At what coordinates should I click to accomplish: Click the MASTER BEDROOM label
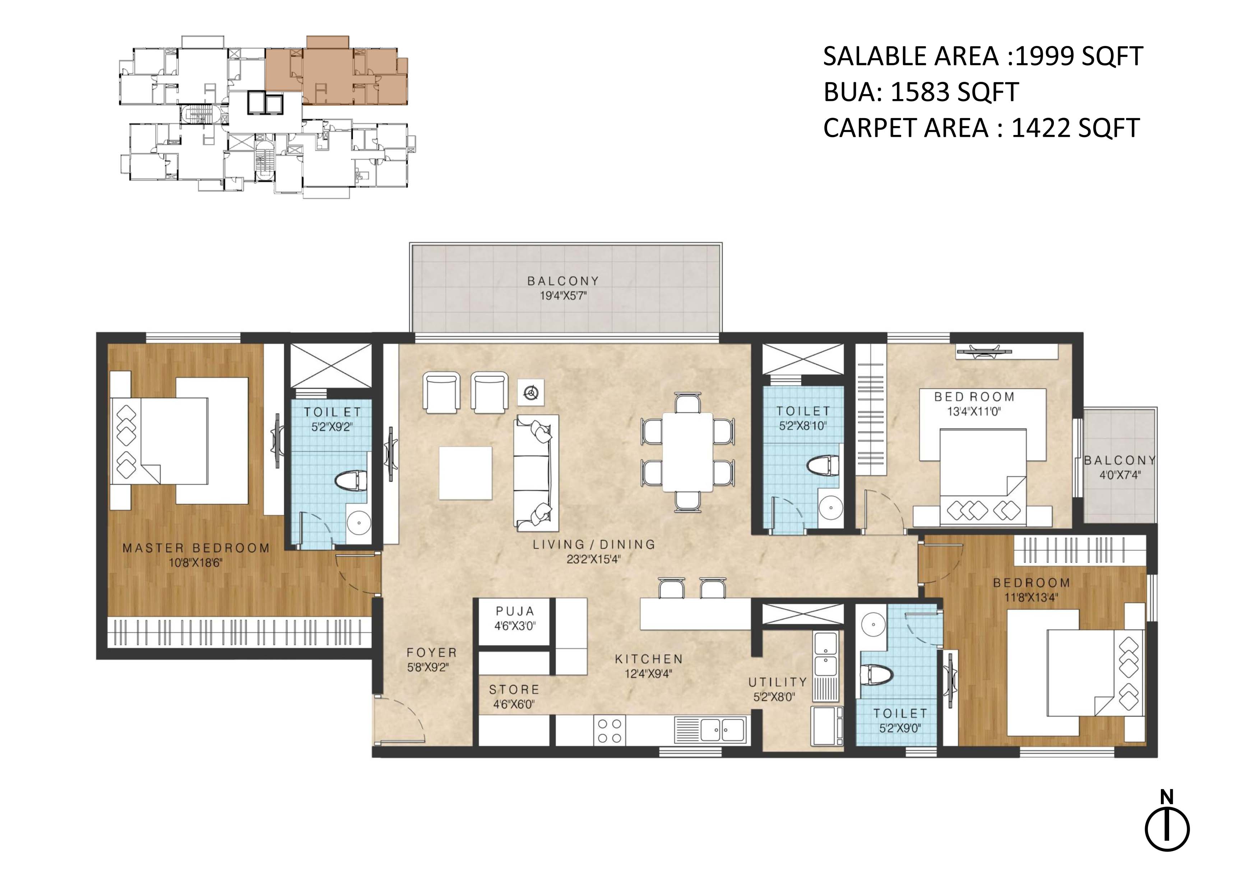pyautogui.click(x=196, y=547)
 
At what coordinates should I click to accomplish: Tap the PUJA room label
pyautogui.click(x=515, y=611)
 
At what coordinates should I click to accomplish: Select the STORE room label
pyautogui.click(x=514, y=689)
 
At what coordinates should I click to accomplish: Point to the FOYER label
pyautogui.click(x=431, y=652)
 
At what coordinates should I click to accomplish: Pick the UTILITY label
pyautogui.click(x=778, y=682)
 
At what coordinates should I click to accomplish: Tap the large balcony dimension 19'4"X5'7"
pyautogui.click(x=564, y=296)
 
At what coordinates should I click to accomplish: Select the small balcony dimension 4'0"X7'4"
pyautogui.click(x=1120, y=475)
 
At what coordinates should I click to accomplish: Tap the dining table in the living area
pyautogui.click(x=687, y=452)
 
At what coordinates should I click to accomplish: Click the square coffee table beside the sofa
pyautogui.click(x=465, y=473)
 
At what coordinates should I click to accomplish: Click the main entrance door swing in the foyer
pyautogui.click(x=399, y=720)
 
